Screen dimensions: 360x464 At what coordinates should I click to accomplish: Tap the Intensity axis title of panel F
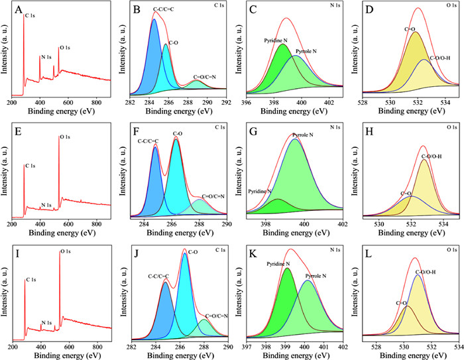121,173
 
